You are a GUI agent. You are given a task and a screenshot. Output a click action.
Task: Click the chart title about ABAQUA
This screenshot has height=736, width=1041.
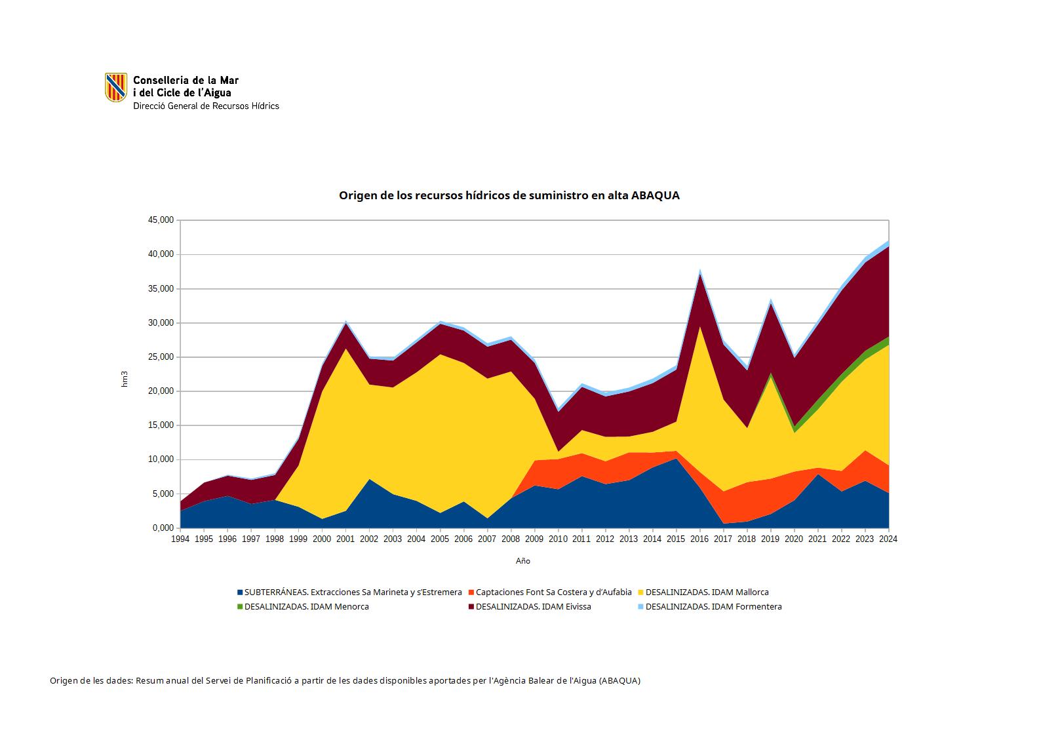(x=509, y=195)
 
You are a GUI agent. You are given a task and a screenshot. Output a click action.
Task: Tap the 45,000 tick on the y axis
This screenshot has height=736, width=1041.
(x=161, y=220)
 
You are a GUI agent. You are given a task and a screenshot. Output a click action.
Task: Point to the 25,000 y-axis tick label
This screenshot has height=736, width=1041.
(x=161, y=357)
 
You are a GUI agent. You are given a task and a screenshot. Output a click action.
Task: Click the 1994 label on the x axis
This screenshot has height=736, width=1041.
(x=180, y=539)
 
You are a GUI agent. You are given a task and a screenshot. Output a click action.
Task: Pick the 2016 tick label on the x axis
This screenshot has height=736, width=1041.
(x=699, y=539)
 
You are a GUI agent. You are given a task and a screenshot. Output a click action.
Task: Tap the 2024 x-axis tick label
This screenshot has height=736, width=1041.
(x=888, y=539)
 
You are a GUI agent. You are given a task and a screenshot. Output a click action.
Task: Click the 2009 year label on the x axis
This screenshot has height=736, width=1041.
(x=534, y=539)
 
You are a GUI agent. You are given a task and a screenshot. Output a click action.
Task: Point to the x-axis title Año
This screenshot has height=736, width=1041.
(x=522, y=561)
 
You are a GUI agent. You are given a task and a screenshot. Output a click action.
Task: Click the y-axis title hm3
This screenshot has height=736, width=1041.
(x=125, y=379)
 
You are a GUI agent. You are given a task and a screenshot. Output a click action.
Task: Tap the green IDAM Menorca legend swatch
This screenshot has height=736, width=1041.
(x=240, y=607)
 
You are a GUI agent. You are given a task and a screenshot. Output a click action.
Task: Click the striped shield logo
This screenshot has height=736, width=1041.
(x=116, y=87)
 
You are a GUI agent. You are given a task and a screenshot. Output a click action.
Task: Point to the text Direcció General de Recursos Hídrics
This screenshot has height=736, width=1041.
(x=206, y=106)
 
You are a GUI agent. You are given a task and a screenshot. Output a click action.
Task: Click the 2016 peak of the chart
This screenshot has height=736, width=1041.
(x=700, y=271)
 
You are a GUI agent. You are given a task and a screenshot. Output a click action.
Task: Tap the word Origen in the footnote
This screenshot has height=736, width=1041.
(x=64, y=681)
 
